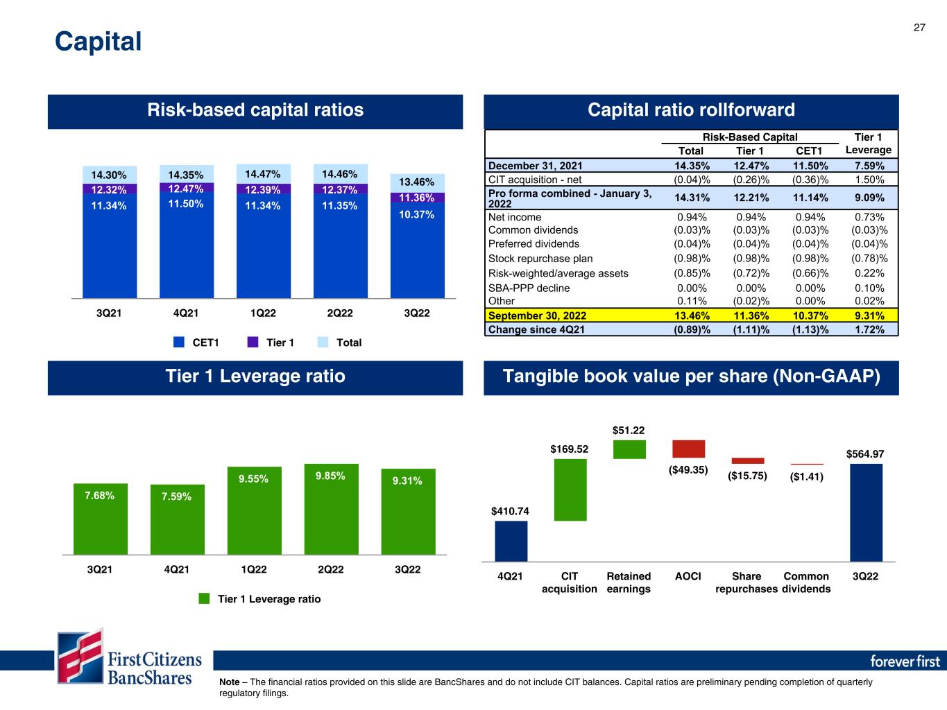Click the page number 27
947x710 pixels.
919,28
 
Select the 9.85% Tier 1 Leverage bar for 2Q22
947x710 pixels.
331,509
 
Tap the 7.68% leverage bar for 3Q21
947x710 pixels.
100,519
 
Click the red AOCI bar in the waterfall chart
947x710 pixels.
688,449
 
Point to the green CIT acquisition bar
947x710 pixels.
570,490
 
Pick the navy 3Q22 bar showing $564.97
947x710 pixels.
866,512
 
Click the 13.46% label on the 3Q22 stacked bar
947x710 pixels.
416,182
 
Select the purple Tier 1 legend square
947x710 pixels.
253,342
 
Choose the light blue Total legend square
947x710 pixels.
323,342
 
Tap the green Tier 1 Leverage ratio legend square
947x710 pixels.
204,598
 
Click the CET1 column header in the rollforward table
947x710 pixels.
808,151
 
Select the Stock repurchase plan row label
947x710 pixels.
540,259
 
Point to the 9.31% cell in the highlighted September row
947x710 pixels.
869,315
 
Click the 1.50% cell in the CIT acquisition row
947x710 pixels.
869,180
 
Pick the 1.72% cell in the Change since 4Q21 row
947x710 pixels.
869,329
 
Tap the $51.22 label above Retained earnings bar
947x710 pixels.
628,430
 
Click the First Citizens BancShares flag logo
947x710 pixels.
80,656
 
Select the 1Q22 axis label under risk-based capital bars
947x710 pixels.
263,313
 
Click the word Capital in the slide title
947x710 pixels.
98,42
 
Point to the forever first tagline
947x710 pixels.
905,661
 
